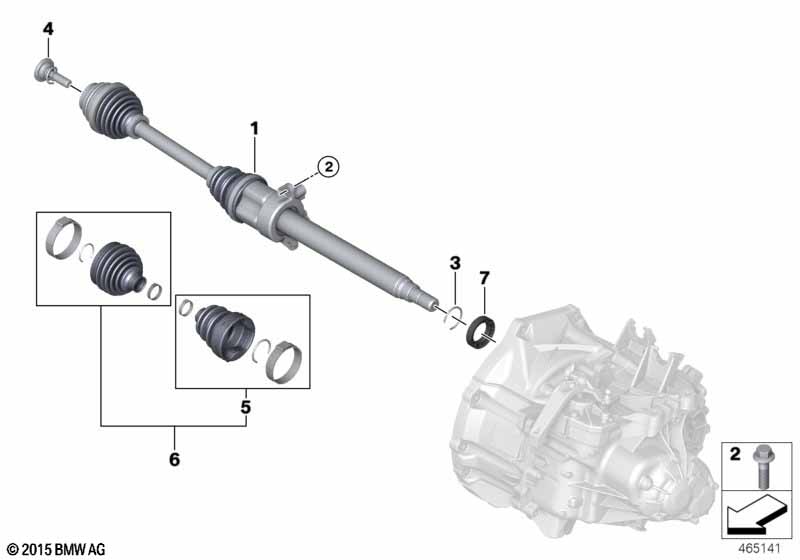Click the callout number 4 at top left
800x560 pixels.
(x=48, y=29)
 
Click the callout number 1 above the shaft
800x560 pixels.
(x=254, y=129)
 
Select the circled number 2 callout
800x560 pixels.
(x=328, y=166)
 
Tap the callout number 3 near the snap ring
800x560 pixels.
(x=455, y=263)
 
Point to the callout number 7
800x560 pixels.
(x=484, y=278)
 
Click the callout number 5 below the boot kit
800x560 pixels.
(x=245, y=407)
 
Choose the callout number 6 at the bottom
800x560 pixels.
(x=174, y=459)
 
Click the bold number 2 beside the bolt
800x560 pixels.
(x=735, y=453)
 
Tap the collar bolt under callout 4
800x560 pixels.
(x=50, y=72)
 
